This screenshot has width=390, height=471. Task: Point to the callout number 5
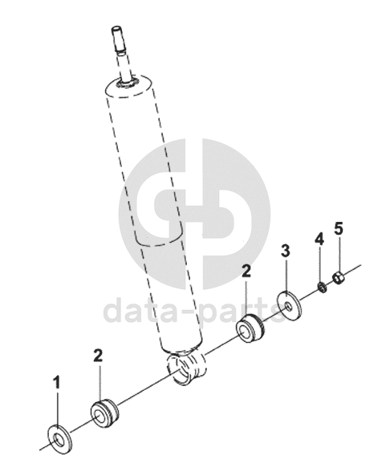(339, 230)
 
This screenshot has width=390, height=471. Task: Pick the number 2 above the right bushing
(246, 272)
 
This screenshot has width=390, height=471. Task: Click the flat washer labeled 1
(60, 440)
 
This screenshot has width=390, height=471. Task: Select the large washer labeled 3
(289, 306)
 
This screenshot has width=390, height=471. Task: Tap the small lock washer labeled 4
(323, 288)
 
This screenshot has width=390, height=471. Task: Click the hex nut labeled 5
(339, 278)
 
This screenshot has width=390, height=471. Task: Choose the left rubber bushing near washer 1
(104, 413)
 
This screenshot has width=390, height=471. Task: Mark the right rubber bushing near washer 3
(250, 328)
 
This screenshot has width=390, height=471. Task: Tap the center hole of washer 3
(288, 307)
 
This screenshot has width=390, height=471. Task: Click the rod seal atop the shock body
(128, 83)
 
